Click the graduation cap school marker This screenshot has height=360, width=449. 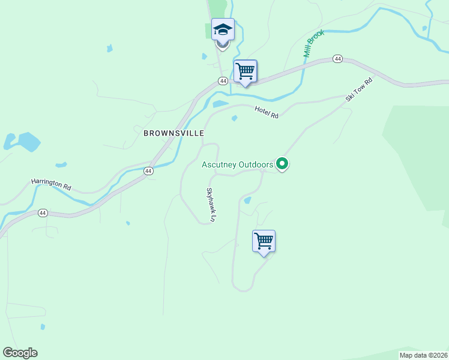[223, 30]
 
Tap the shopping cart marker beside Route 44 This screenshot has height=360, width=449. [245, 71]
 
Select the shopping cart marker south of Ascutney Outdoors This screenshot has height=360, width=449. [264, 241]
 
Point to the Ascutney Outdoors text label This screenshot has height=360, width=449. [237, 164]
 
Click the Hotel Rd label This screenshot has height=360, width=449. [267, 111]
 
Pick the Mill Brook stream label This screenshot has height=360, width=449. [314, 44]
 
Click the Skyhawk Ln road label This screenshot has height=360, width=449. [211, 205]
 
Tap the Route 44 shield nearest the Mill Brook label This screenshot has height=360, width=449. [338, 59]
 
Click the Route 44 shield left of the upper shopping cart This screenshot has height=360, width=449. [223, 81]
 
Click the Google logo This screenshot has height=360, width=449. [20, 353]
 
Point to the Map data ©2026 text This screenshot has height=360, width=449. [423, 355]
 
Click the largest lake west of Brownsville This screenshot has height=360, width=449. [27, 142]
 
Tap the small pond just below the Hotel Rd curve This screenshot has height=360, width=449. [234, 118]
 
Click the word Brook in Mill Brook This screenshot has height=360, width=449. [317, 38]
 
